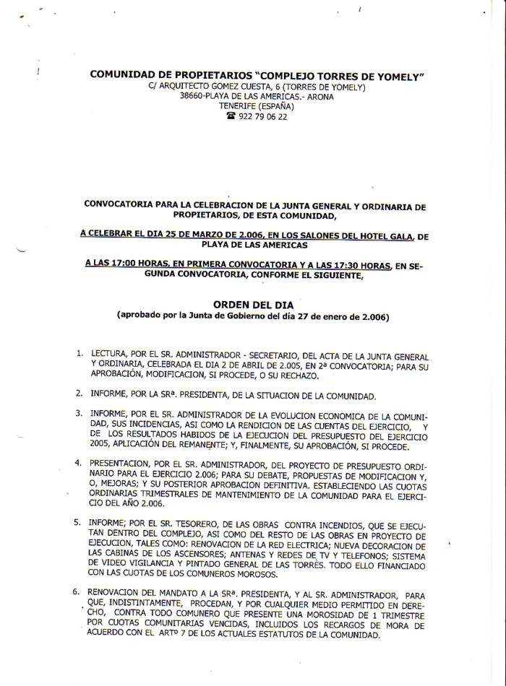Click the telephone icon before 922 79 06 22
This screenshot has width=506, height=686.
click(x=231, y=116)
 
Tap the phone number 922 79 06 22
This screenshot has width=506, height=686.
click(x=262, y=116)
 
